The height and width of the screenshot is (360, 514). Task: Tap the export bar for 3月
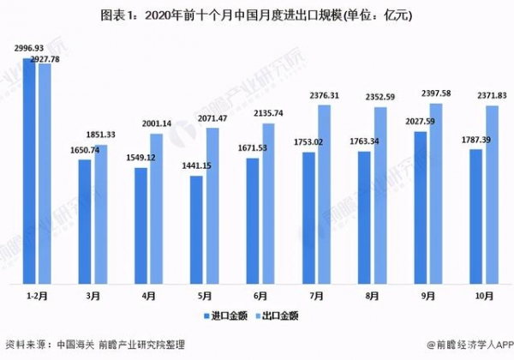click(101, 214)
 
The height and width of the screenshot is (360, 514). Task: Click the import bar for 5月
click(196, 230)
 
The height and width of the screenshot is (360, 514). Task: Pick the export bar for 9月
click(435, 193)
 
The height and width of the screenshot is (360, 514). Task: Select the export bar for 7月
click(324, 194)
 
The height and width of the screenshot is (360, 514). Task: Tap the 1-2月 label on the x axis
click(37, 297)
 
